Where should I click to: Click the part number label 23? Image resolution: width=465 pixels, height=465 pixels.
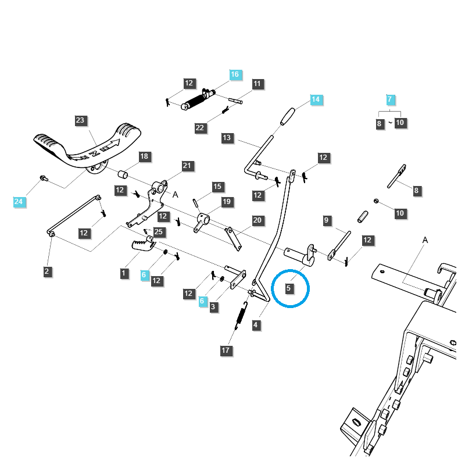(x=80, y=121)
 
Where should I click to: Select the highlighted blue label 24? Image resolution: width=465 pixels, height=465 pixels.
(x=19, y=202)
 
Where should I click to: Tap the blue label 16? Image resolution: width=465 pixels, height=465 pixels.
(x=234, y=74)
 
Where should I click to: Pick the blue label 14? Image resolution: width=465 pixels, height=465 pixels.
(x=315, y=99)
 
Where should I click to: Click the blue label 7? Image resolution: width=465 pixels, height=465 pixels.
(x=390, y=99)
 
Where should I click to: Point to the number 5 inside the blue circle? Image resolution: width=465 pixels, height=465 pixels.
(x=289, y=288)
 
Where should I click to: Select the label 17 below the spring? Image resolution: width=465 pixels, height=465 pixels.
(x=226, y=350)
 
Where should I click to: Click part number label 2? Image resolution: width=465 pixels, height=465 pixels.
(x=47, y=271)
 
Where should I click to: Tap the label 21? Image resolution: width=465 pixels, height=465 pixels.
(x=187, y=166)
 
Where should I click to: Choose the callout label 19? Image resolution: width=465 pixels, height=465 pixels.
(x=227, y=202)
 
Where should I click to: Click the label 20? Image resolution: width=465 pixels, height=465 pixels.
(x=257, y=220)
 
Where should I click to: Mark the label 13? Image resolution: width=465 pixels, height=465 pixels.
(x=227, y=138)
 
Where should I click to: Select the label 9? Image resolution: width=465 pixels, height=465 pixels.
(x=327, y=220)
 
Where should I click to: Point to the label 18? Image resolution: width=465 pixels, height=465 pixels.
(x=144, y=156)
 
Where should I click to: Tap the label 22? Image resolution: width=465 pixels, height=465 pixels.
(x=200, y=128)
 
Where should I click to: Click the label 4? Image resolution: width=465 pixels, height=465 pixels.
(x=256, y=325)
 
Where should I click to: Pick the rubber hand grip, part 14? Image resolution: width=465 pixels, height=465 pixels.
(x=289, y=116)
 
